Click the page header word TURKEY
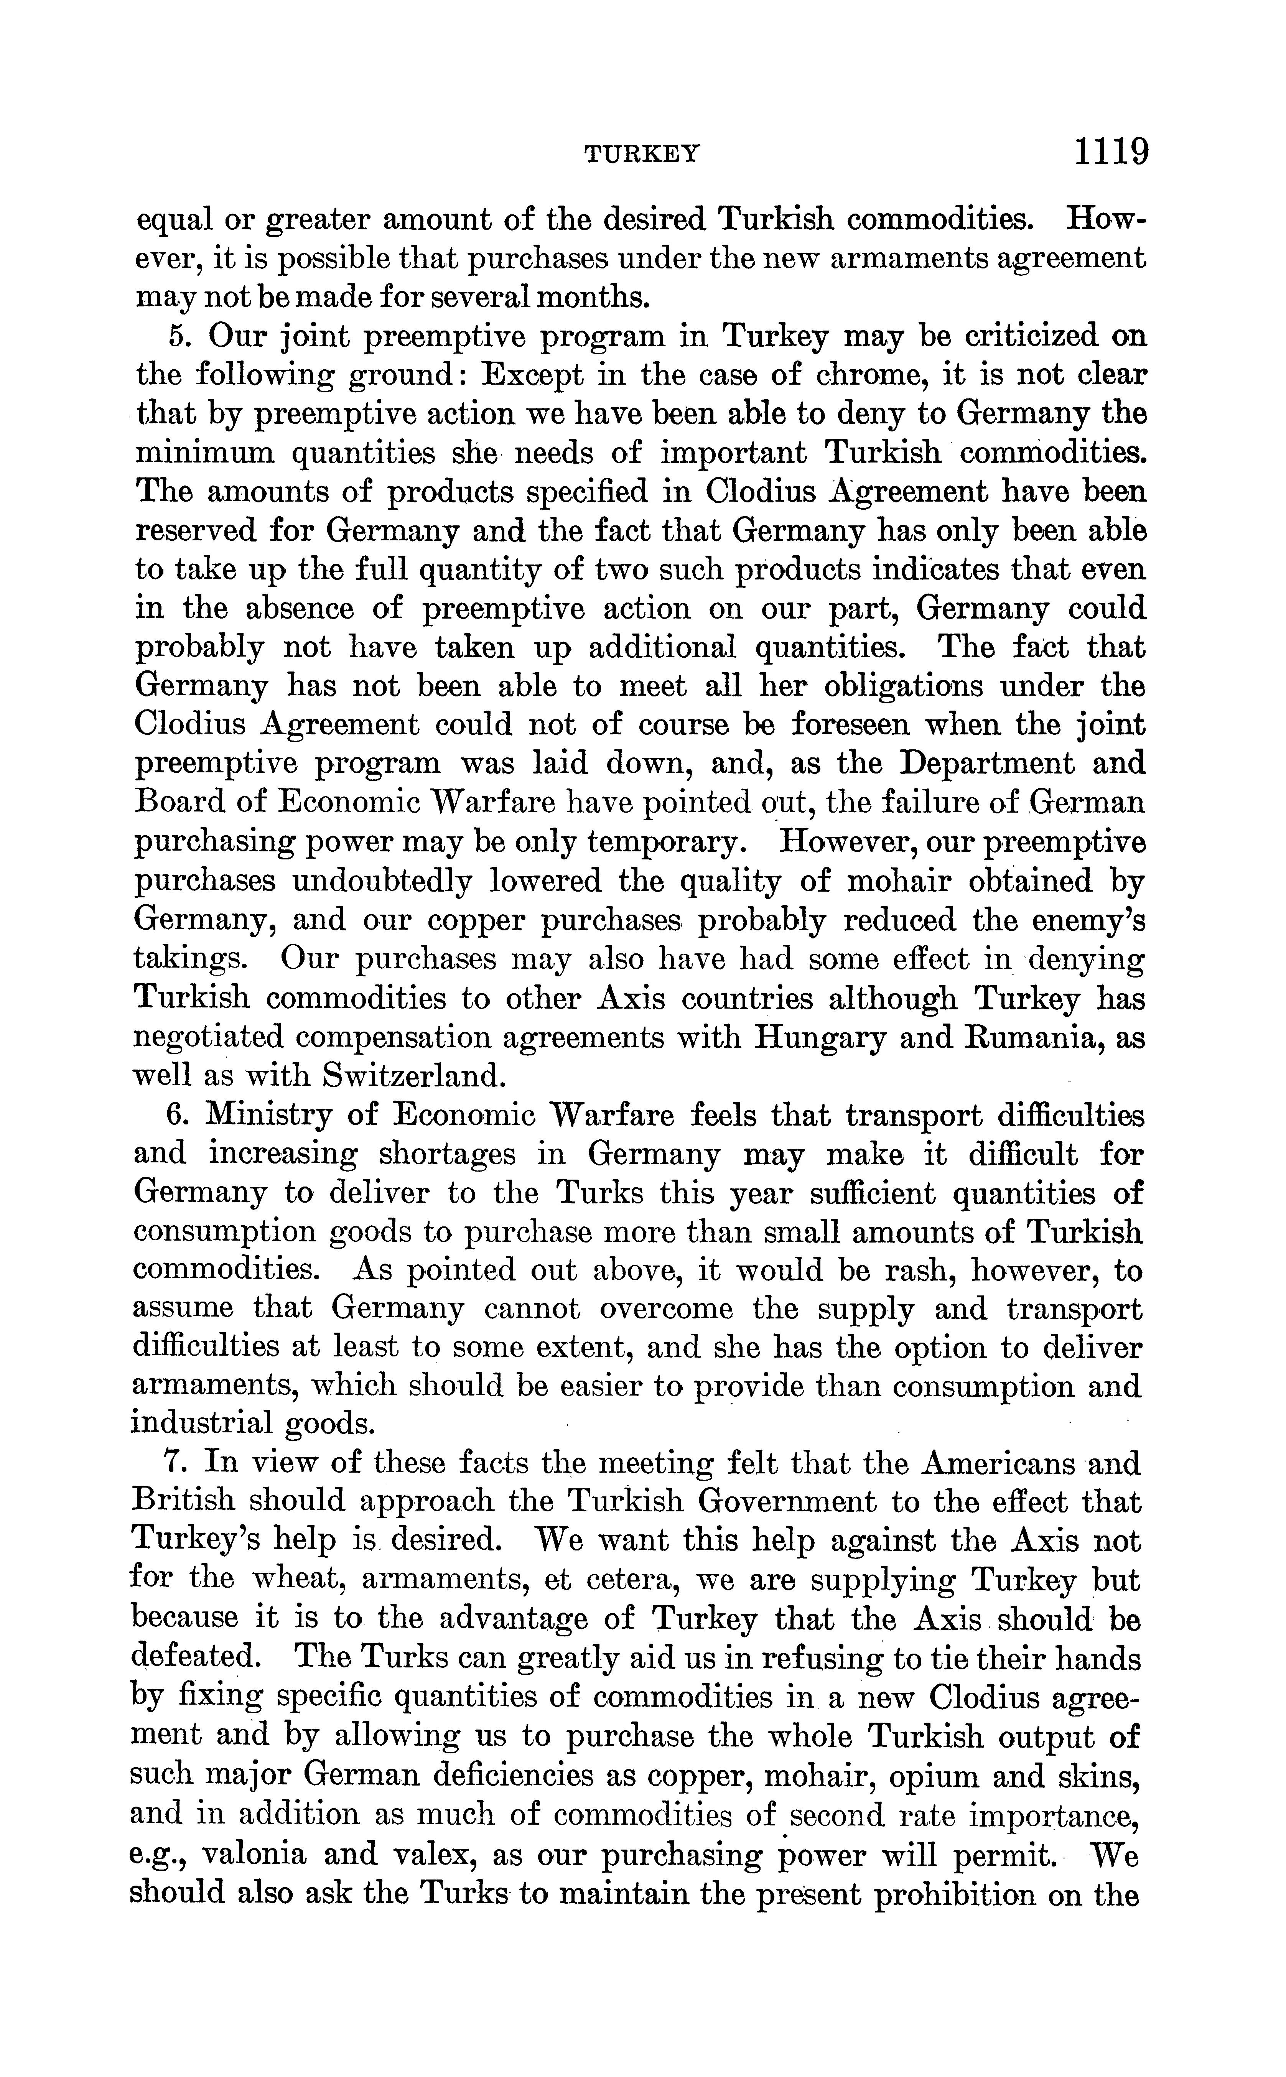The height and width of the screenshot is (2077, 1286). (x=643, y=154)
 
